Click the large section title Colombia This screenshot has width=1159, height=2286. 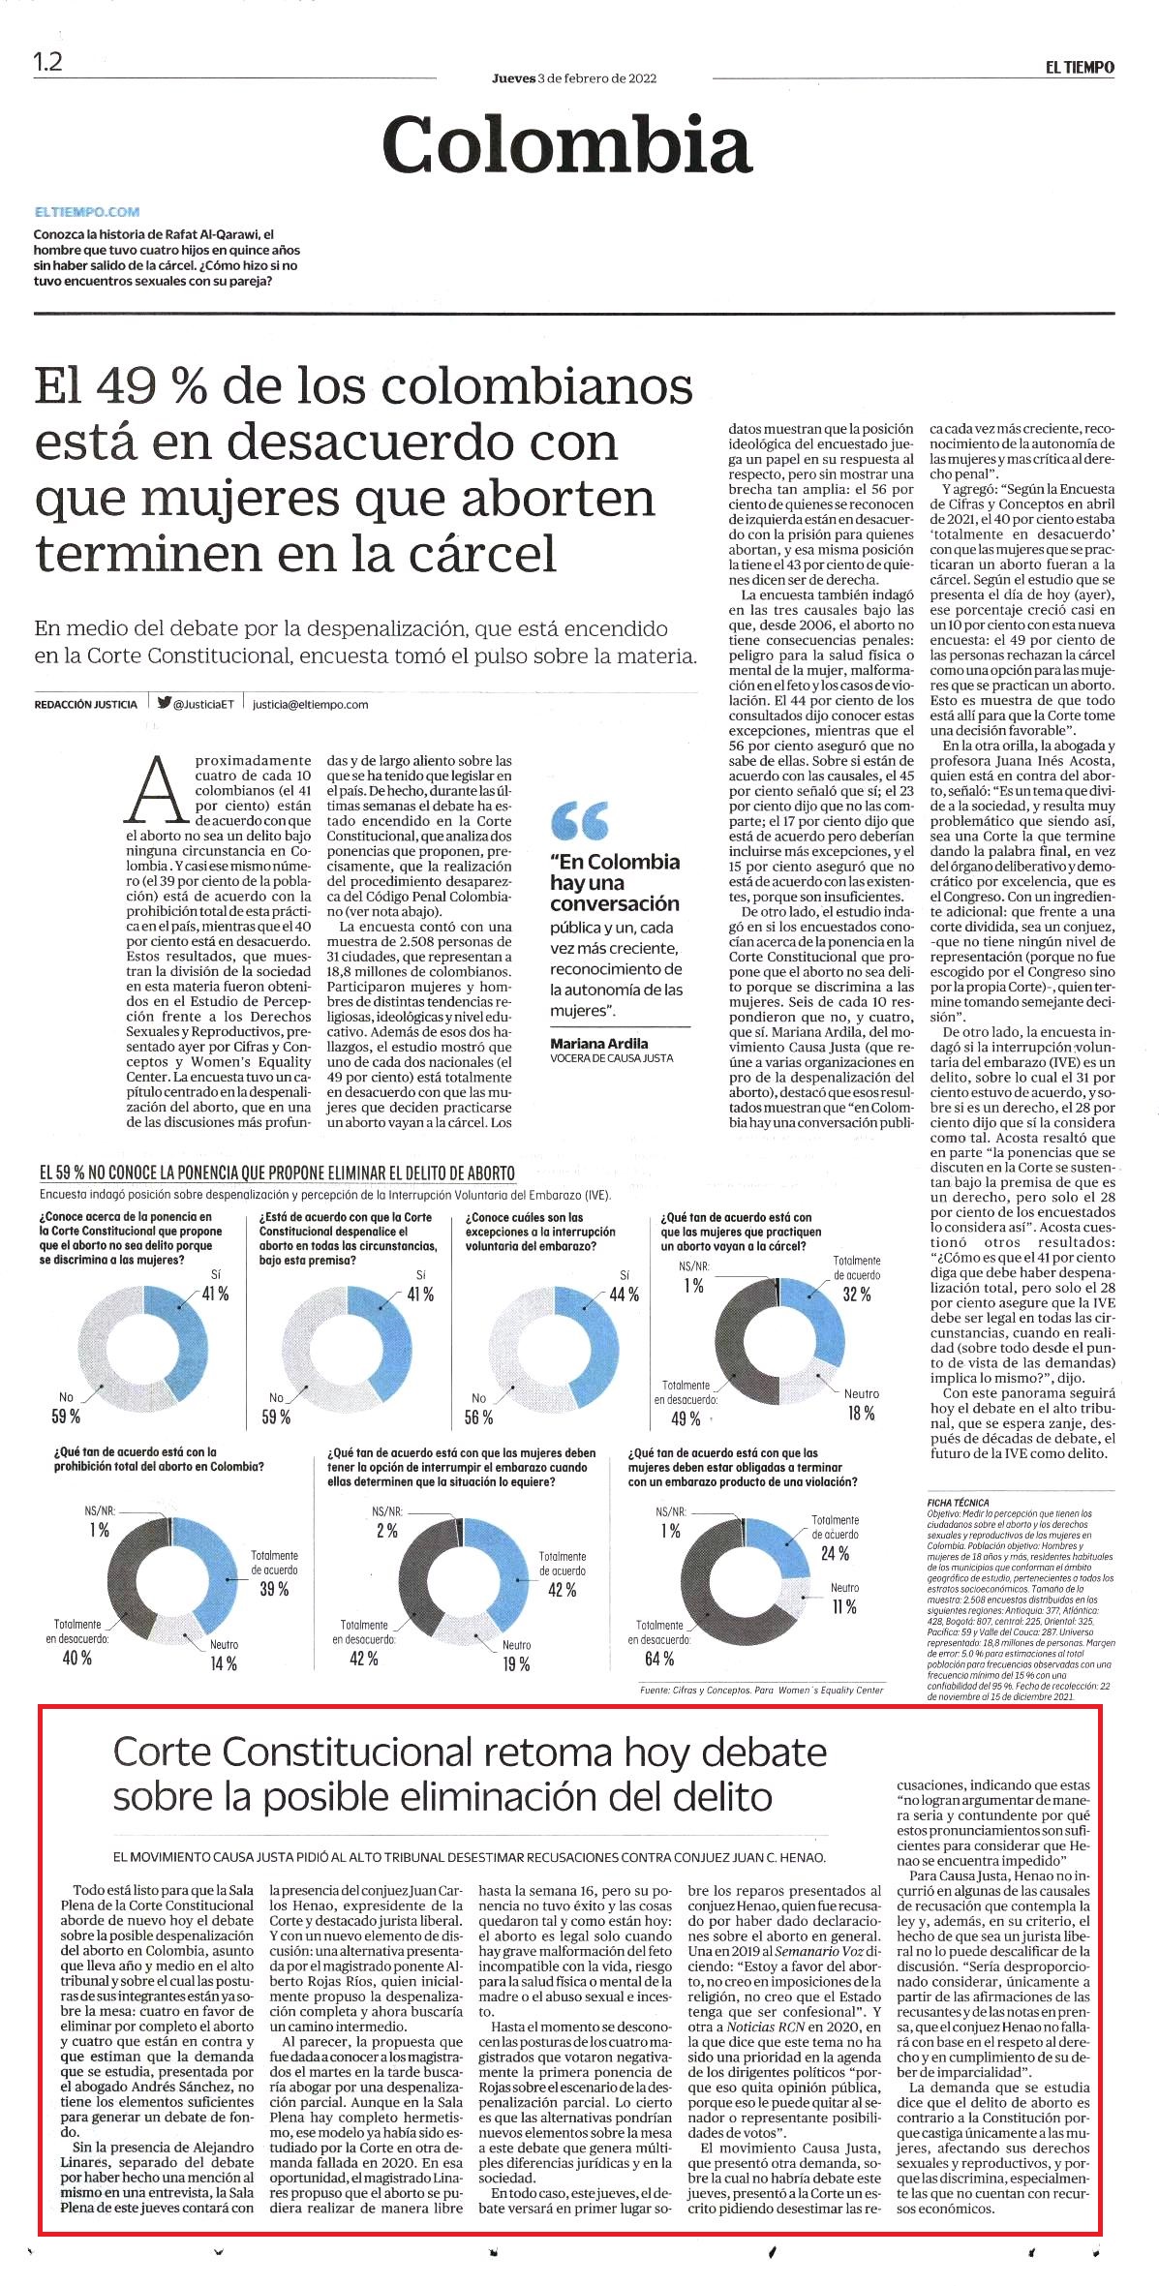pyautogui.click(x=567, y=143)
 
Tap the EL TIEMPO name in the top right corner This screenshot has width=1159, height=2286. pyautogui.click(x=1079, y=67)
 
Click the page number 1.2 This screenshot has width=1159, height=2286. pyautogui.click(x=47, y=63)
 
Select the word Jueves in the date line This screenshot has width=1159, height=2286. pyautogui.click(x=513, y=78)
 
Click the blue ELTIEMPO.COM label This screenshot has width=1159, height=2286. pyautogui.click(x=86, y=211)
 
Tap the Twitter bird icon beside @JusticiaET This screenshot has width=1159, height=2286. pyautogui.click(x=164, y=704)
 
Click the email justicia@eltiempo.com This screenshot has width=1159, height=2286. pyautogui.click(x=310, y=705)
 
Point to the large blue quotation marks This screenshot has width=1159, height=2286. pyautogui.click(x=579, y=821)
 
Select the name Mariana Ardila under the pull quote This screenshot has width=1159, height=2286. pyautogui.click(x=598, y=1043)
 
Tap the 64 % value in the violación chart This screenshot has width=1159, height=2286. pyautogui.click(x=658, y=1659)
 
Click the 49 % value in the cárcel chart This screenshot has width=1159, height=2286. pyautogui.click(x=685, y=1418)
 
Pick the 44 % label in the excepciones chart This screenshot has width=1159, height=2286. pyautogui.click(x=624, y=1295)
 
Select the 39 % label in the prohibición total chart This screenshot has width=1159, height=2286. pyautogui.click(x=273, y=1589)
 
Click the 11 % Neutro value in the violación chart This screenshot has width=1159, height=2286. pyautogui.click(x=843, y=1607)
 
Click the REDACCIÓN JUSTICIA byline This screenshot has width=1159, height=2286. pyautogui.click(x=85, y=705)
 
